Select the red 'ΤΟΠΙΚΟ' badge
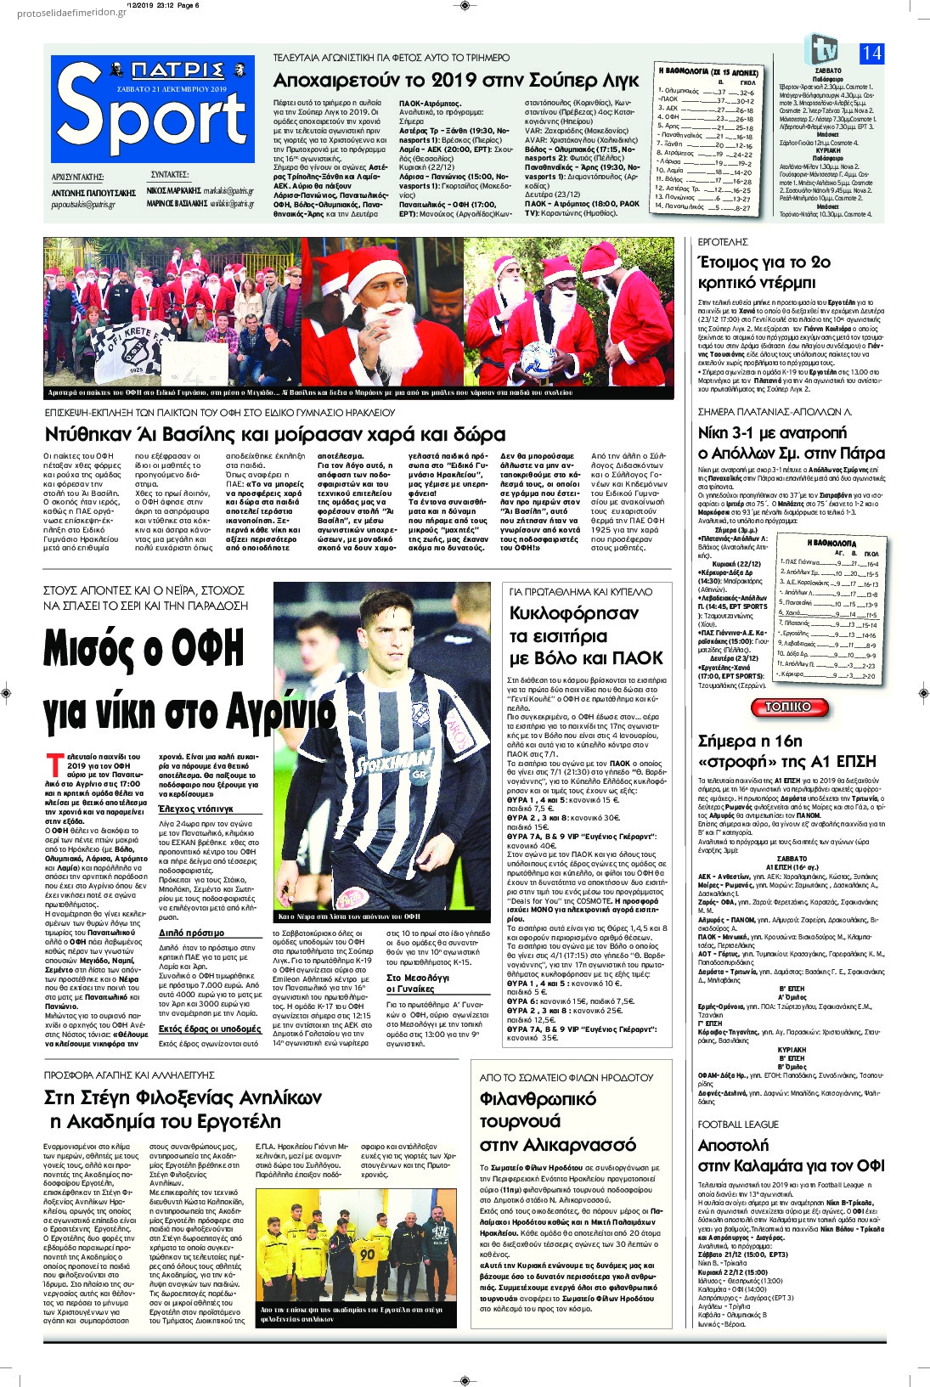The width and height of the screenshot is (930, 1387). coord(787,707)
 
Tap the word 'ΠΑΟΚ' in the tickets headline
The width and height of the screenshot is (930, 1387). coord(632,657)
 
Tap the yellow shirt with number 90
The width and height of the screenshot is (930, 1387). coord(367,1254)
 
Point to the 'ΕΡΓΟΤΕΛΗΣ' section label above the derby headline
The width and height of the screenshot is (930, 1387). coord(722,243)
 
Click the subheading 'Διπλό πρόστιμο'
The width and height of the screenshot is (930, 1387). coord(192,933)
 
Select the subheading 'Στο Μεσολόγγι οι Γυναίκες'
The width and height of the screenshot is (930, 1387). coord(418,984)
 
